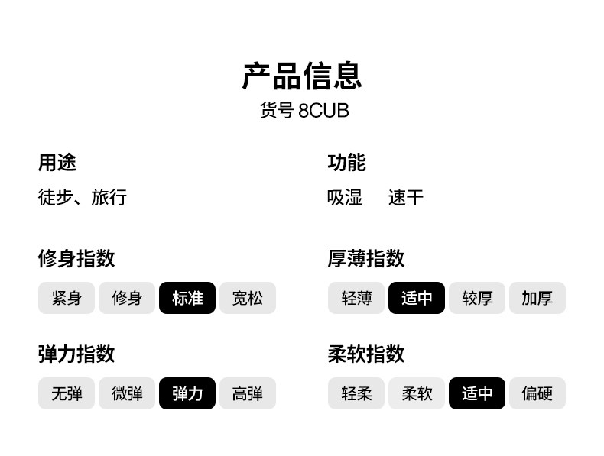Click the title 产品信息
coord(302,76)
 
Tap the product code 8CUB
coord(323,111)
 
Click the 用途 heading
coord(57,162)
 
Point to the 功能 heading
coord(346,162)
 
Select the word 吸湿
coord(344,198)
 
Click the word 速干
coord(405,198)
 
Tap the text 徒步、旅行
coord(83,198)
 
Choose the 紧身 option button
coord(67,298)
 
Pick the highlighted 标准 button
coord(187,298)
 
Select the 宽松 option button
coord(247,298)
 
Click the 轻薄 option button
coord(356,298)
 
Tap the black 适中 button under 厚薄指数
coord(417,298)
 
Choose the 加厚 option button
coord(537,298)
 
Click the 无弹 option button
coord(67,394)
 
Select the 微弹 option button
coord(127,394)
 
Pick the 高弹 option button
coord(247,394)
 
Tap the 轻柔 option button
coord(356,394)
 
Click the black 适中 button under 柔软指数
coord(477,394)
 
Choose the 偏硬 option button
coord(537,394)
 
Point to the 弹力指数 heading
coord(76,354)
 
